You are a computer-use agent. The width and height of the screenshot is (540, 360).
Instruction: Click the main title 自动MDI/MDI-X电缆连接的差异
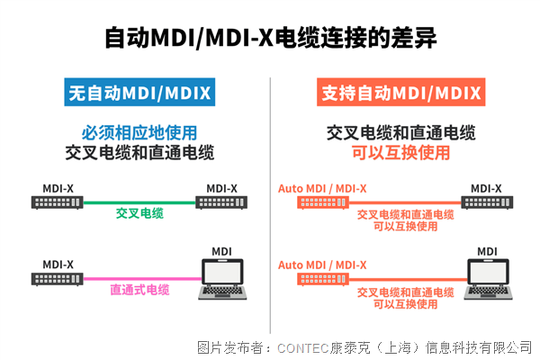(x=271, y=37)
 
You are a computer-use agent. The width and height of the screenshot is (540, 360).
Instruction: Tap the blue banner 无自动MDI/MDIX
(x=139, y=92)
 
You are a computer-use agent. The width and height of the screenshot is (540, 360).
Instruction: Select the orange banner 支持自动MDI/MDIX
(x=400, y=92)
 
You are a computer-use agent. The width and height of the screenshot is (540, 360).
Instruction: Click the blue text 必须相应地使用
(x=139, y=133)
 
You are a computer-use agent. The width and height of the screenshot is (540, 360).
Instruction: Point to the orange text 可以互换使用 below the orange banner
(x=400, y=153)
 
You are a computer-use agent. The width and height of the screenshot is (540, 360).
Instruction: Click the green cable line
(x=139, y=202)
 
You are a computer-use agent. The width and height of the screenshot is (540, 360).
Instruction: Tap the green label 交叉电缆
(x=139, y=213)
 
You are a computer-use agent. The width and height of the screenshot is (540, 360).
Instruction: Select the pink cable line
(x=142, y=279)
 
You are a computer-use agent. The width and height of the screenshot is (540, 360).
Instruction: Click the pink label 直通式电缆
(x=139, y=290)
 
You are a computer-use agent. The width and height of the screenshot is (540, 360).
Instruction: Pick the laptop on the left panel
(x=222, y=279)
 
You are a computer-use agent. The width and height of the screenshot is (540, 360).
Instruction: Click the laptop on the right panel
(x=488, y=279)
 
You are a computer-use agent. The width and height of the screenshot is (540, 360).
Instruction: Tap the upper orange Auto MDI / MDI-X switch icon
(x=323, y=202)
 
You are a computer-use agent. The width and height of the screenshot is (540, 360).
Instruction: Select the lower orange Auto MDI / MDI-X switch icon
(x=323, y=279)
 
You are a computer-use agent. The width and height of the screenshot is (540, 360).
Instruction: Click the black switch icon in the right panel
(x=487, y=202)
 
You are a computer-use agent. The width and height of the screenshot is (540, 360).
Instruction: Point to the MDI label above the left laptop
(x=221, y=251)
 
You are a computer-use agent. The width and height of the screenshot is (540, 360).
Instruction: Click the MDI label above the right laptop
(x=487, y=251)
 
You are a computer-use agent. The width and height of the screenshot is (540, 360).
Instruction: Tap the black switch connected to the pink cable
(x=58, y=279)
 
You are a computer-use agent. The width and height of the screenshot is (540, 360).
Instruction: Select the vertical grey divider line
(x=270, y=205)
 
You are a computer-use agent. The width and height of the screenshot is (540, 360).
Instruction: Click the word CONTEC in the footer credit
(x=303, y=348)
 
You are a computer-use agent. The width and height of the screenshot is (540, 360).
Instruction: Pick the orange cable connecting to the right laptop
(x=408, y=279)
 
